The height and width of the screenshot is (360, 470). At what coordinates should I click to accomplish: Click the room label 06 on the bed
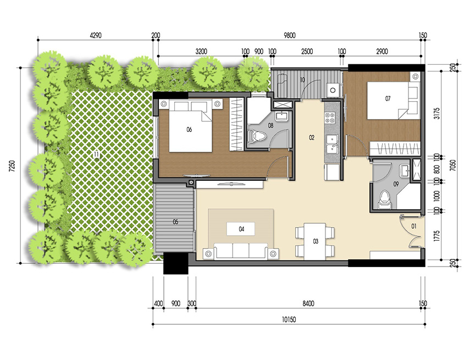(189, 130)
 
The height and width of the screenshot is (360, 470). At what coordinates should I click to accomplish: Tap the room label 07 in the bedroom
(388, 99)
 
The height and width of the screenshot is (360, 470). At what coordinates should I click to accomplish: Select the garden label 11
(97, 155)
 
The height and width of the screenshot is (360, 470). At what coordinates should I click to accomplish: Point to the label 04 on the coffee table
(241, 228)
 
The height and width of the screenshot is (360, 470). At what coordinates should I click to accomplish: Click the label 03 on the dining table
(316, 241)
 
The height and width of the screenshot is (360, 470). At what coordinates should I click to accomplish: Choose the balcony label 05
(175, 222)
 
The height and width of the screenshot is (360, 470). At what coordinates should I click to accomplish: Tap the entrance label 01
(414, 225)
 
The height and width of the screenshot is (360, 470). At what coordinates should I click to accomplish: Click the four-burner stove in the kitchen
(331, 118)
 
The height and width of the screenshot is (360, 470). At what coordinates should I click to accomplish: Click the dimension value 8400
(307, 303)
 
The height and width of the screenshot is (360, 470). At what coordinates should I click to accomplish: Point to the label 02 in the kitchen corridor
(311, 137)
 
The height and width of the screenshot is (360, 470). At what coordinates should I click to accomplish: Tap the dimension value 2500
(307, 52)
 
